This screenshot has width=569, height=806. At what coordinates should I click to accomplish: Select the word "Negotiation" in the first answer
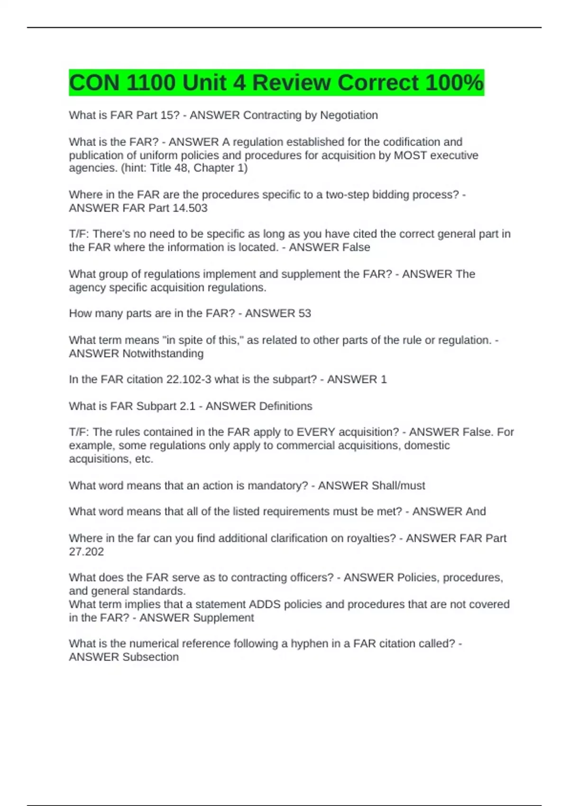(x=349, y=115)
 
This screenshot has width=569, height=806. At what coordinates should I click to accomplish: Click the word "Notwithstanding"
(x=163, y=354)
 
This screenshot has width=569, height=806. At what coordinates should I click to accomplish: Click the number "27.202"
(x=86, y=552)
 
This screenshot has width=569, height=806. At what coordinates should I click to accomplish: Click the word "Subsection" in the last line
(x=151, y=657)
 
